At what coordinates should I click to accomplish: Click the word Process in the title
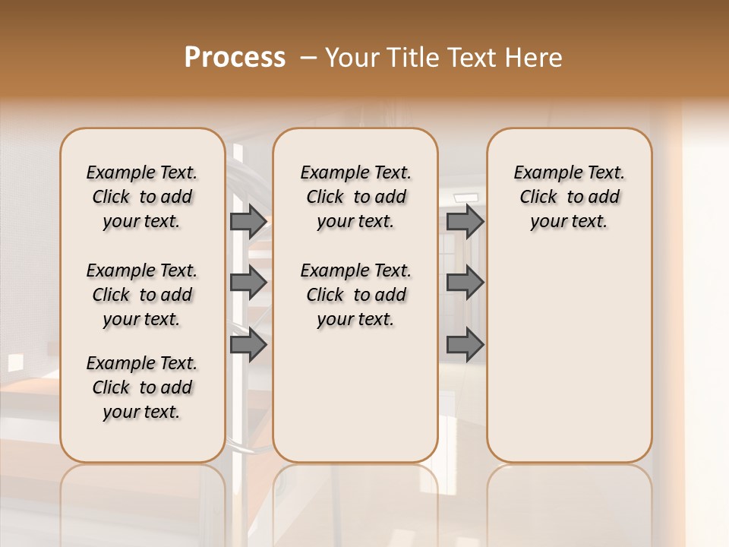(235, 58)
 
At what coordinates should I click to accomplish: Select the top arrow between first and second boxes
(248, 221)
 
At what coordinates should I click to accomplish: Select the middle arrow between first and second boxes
(248, 283)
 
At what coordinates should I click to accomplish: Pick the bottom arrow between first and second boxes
(248, 345)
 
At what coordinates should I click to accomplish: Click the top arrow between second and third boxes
(465, 221)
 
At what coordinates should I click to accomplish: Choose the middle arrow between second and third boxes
(465, 283)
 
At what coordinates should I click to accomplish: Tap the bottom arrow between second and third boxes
(465, 345)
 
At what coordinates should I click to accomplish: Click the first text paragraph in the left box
(142, 197)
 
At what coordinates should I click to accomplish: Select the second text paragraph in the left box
(142, 295)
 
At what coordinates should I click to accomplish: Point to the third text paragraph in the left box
(142, 387)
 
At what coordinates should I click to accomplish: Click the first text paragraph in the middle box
(355, 197)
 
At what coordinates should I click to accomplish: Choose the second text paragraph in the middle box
(355, 295)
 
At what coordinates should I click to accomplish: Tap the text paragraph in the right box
(569, 197)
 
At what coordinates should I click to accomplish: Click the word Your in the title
(352, 58)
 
